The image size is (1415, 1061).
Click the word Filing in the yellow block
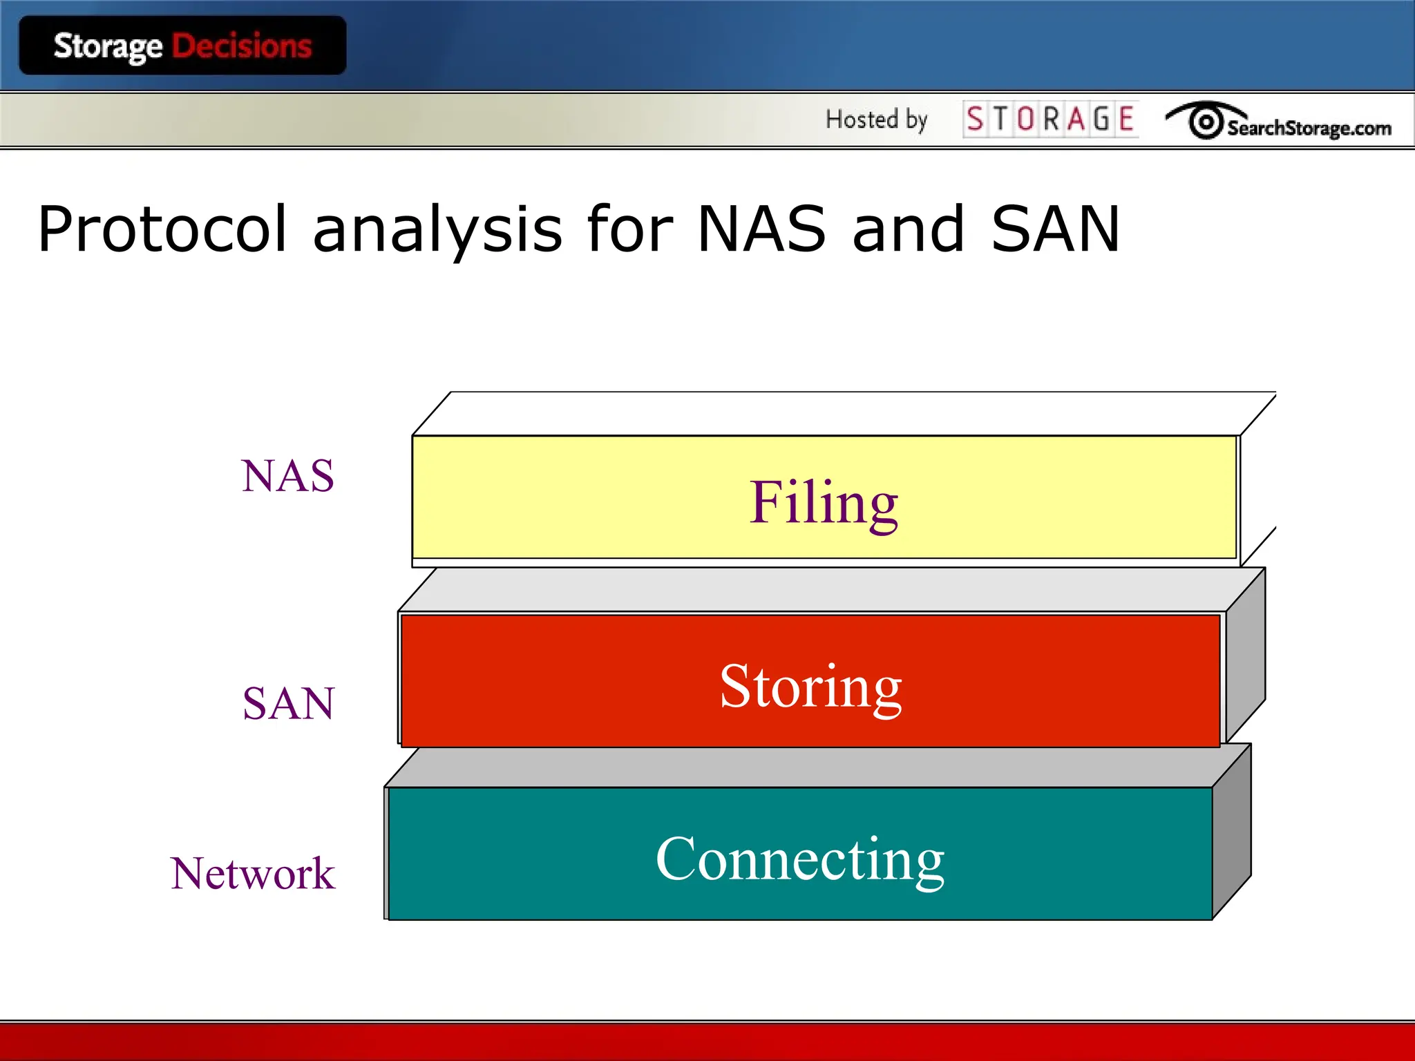point(824,503)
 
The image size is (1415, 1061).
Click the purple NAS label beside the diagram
point(287,476)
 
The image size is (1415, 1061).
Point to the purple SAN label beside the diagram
point(288,703)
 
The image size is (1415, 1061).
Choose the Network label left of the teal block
point(252,873)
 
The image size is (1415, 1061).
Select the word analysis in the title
point(437,230)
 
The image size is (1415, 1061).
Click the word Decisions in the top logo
point(242,46)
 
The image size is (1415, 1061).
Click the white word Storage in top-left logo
point(108,47)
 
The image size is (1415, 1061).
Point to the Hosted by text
point(876,120)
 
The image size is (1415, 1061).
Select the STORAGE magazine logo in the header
point(1050,119)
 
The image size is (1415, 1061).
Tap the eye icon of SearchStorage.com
point(1205,122)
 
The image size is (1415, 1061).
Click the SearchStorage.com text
point(1309,128)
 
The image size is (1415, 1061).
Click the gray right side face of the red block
point(1246,656)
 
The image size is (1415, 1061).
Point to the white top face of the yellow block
point(843,413)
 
